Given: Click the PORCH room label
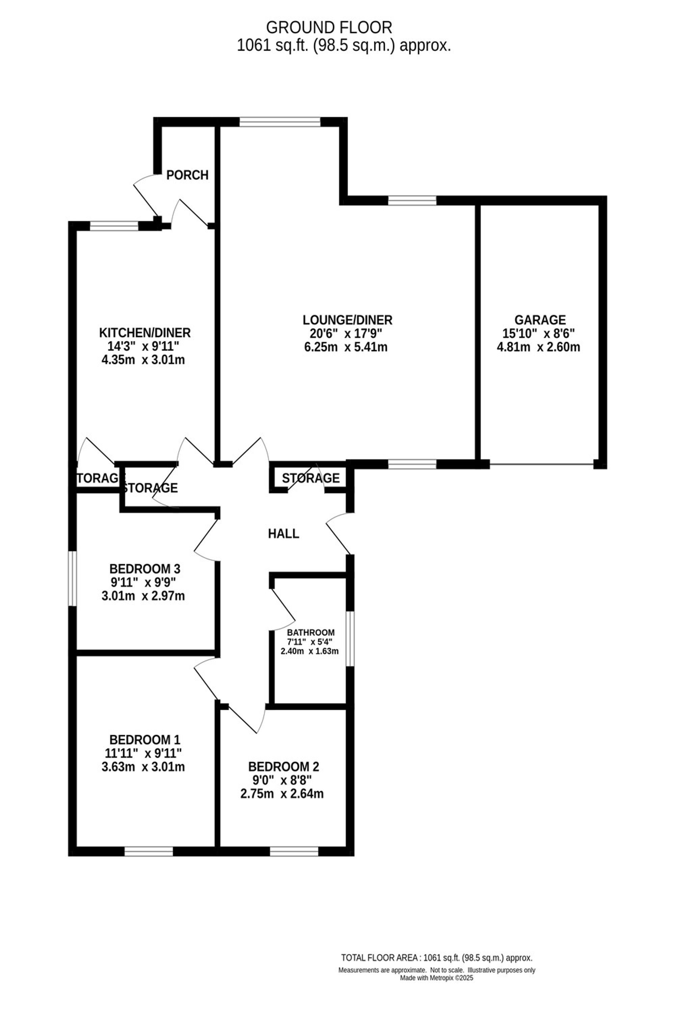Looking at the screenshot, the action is pos(187,175).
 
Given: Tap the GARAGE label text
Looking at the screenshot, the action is pos(540,320).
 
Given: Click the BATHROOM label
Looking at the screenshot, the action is pos(311,632).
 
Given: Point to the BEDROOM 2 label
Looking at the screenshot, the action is pos(284,767).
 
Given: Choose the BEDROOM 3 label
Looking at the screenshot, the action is pos(145,569).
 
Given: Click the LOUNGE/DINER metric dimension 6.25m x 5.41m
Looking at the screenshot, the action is pos(346,347).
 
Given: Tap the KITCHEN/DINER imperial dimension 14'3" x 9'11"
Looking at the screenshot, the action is pos(143,346).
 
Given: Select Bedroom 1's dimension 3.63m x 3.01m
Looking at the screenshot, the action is pos(143,767).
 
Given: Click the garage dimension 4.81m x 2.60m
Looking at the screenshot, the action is pos(539,347).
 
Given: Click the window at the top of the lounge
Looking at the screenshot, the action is pos(280,122).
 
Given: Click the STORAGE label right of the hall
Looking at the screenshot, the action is pos(311,478).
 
